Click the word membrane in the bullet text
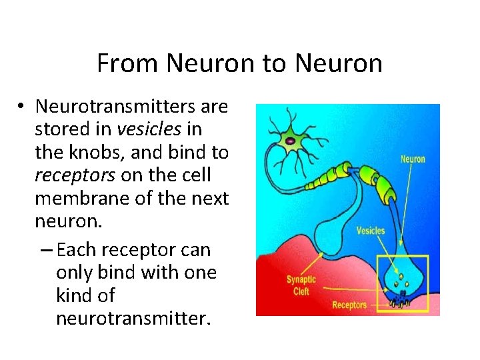[75, 198]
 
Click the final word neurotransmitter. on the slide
[133, 318]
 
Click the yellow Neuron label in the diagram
[412, 159]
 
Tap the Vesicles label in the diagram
[371, 231]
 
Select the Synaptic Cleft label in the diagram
[301, 285]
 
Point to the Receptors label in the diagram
[349, 305]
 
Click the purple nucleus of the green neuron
[292, 141]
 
